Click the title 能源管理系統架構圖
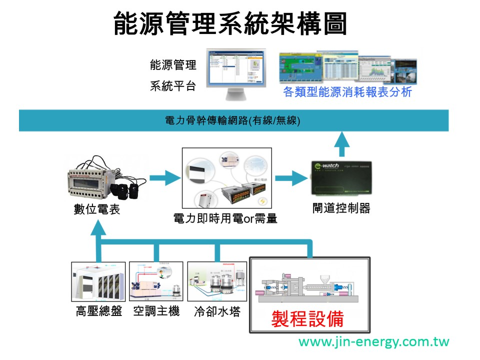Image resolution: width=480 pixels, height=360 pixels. click(230, 23)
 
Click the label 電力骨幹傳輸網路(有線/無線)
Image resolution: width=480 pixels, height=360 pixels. click(232, 121)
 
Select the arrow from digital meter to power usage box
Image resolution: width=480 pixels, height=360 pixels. click(163, 177)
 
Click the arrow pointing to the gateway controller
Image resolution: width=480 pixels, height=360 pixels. click(291, 177)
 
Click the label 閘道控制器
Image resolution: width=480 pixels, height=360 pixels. click(341, 208)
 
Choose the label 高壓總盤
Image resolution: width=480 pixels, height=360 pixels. click(99, 312)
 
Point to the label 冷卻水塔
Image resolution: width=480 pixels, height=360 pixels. click(217, 312)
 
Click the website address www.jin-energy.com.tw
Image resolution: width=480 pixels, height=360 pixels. click(374, 342)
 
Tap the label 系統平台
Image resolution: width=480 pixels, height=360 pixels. click(173, 85)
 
